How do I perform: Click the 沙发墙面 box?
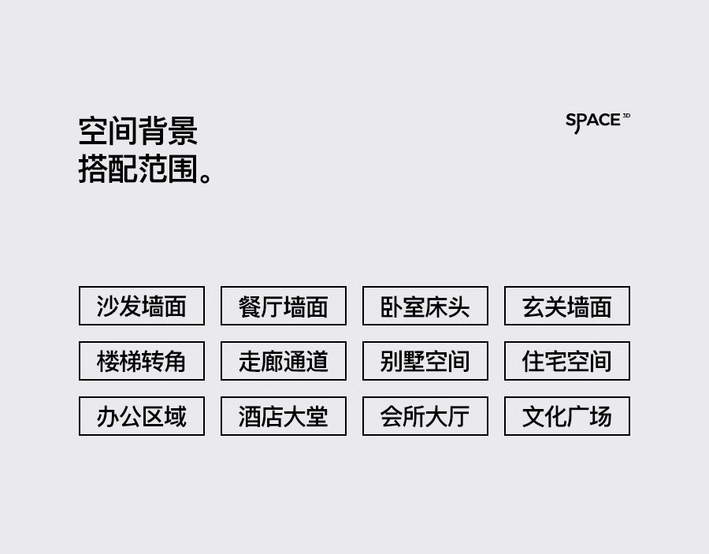[x=142, y=306]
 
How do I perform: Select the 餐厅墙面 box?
[x=284, y=306]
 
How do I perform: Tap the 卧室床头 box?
[x=425, y=306]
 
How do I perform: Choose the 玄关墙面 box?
[x=567, y=306]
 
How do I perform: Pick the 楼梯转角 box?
[x=142, y=361]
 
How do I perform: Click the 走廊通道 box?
[x=284, y=361]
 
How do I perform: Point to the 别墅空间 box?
[x=425, y=361]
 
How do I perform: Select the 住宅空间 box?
[x=567, y=361]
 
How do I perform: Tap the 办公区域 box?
[x=142, y=416]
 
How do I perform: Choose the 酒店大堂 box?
[x=284, y=416]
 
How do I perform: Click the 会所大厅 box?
[x=425, y=416]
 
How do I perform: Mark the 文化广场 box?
[x=567, y=416]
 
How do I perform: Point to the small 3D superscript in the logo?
[x=626, y=116]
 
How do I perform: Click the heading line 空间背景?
[x=138, y=131]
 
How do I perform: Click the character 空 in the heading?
[x=93, y=131]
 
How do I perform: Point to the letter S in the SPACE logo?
[x=571, y=121]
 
